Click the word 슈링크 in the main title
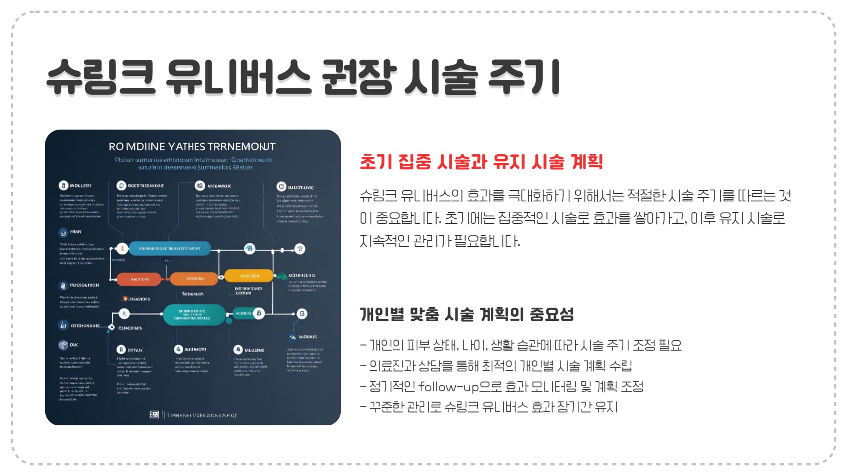pyautogui.click(x=101, y=78)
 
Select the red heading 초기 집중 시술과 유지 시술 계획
pyautogui.click(x=481, y=162)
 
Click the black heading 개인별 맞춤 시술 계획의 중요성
pyautogui.click(x=467, y=314)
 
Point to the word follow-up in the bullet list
pyautogui.click(x=448, y=387)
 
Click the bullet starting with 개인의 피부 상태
pyautogui.click(x=521, y=345)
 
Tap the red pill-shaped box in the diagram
pyautogui.click(x=140, y=279)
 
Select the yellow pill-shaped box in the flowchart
pyautogui.click(x=249, y=276)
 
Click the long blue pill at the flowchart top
pyautogui.click(x=169, y=249)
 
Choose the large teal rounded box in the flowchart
pyautogui.click(x=194, y=314)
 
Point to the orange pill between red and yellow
pyautogui.click(x=194, y=279)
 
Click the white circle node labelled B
pyautogui.click(x=302, y=314)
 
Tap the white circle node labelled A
pyautogui.click(x=124, y=314)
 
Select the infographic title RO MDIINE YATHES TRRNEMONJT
pyautogui.click(x=192, y=146)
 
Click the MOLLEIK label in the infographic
pyautogui.click(x=80, y=186)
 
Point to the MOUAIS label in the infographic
pyautogui.click(x=307, y=337)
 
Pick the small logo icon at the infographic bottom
pyautogui.click(x=154, y=415)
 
